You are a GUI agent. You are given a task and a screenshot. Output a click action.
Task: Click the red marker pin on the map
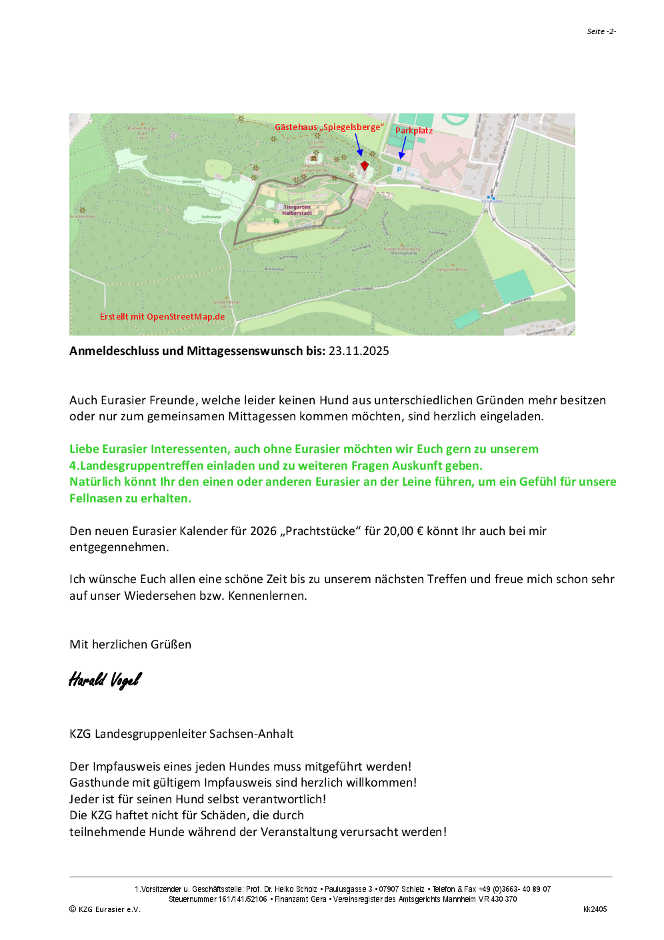(364, 165)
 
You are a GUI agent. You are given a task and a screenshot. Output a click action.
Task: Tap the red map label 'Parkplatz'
(414, 131)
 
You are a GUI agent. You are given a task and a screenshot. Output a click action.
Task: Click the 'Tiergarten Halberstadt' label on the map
(297, 210)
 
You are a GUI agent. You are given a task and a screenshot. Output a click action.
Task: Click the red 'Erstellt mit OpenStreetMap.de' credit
(162, 317)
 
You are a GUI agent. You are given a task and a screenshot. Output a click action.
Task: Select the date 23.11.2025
(359, 351)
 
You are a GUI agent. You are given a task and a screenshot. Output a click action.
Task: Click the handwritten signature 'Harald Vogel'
(105, 680)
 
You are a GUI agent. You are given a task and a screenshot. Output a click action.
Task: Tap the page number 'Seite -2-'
(601, 31)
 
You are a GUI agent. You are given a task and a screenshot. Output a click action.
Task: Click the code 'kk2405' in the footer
(595, 909)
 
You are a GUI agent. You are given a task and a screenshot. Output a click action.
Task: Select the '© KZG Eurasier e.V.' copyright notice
(105, 909)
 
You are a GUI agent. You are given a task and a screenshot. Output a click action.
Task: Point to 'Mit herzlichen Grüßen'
(130, 644)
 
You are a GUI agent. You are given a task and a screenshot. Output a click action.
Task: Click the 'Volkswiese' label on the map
(211, 217)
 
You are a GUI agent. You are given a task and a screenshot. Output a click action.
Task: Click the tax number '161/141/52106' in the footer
(242, 899)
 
